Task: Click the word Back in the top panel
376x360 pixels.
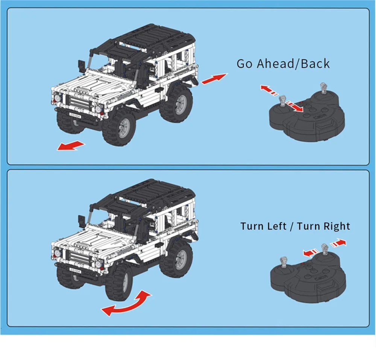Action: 315,64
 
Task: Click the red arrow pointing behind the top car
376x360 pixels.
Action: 214,79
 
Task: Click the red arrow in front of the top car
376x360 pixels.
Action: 71,146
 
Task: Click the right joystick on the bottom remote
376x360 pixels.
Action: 324,249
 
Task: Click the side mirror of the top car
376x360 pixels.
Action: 82,65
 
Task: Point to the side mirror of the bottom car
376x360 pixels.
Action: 82,221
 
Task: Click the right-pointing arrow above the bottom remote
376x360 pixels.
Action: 338,243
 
